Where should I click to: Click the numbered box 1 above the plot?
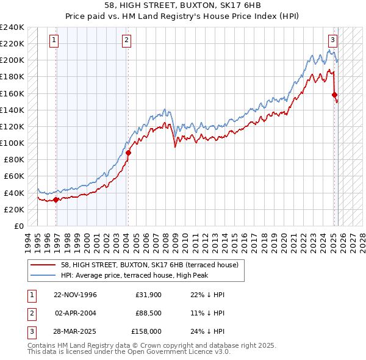coord(54,41)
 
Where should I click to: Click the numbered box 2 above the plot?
coord(126,41)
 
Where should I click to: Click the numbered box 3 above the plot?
coord(332,41)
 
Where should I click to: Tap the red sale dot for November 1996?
coord(56,199)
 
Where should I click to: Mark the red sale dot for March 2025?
coord(334,95)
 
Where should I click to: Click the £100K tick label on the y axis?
coord(12,143)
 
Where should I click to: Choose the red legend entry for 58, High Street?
coord(152,264)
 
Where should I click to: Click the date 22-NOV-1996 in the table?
coord(76,295)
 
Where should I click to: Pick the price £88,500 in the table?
coord(148,313)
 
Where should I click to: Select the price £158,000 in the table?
coord(147,331)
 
